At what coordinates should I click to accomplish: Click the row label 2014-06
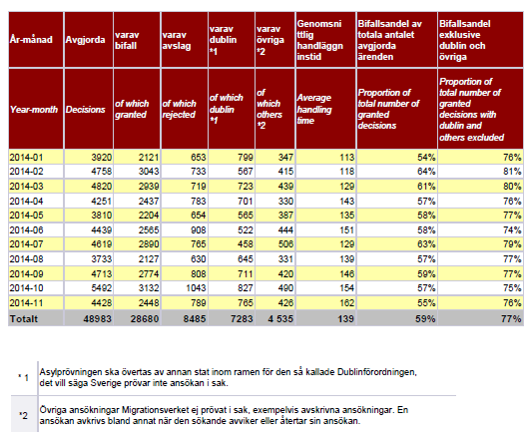26,230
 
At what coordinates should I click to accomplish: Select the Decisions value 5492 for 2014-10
101,288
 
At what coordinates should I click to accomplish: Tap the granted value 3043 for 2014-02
149,172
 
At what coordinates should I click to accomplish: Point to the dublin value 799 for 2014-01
245,157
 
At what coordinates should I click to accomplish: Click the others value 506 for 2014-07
285,244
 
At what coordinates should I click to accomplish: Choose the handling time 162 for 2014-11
346,303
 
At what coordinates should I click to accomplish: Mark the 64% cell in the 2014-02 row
426,172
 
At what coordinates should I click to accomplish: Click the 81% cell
512,172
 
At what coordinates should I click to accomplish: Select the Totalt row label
24,319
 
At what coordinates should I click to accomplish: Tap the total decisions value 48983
97,319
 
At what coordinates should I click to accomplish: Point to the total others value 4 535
280,319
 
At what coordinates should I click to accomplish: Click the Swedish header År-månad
31,40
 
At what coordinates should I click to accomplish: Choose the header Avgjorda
85,40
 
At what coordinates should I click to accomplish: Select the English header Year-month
34,110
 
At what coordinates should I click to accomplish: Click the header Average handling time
314,109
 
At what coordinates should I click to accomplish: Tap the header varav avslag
176,40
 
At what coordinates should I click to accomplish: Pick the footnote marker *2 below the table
24,416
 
